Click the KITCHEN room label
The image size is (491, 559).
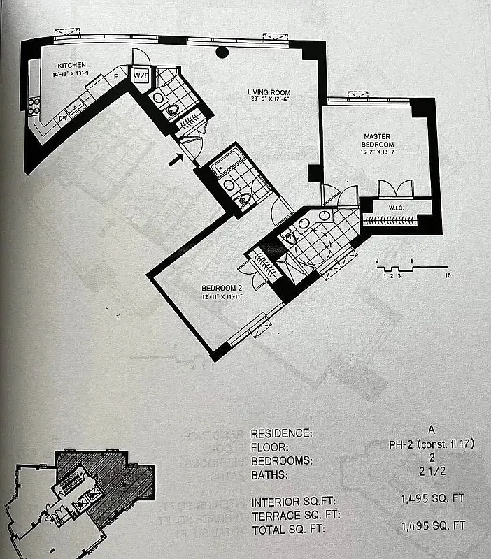[x=72, y=64]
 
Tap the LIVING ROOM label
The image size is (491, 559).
[x=268, y=92]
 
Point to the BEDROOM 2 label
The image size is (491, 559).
[x=221, y=288]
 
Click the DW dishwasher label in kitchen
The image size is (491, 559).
[x=63, y=118]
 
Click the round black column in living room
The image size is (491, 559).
[x=222, y=52]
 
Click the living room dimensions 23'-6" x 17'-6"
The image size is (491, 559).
[x=269, y=100]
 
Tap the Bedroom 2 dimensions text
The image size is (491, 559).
[x=221, y=296]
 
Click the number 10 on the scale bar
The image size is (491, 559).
[x=448, y=276]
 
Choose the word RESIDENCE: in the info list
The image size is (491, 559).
[x=282, y=433]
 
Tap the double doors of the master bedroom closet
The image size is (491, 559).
[x=396, y=189]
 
